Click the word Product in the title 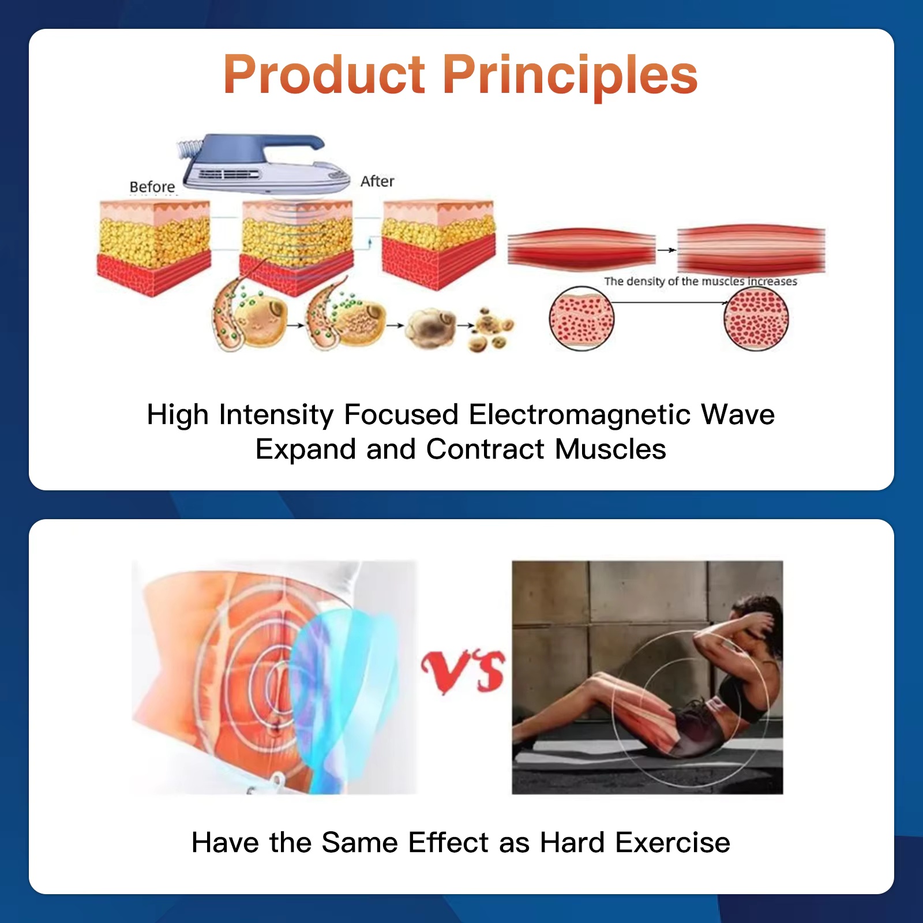[324, 75]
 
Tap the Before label [152, 187]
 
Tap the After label [377, 181]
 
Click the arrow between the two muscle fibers [666, 250]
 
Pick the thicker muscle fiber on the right [751, 249]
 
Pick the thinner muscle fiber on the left [581, 249]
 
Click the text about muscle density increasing [700, 282]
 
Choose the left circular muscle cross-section [581, 319]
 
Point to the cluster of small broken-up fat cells [490, 330]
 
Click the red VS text [463, 671]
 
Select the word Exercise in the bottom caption [672, 842]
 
